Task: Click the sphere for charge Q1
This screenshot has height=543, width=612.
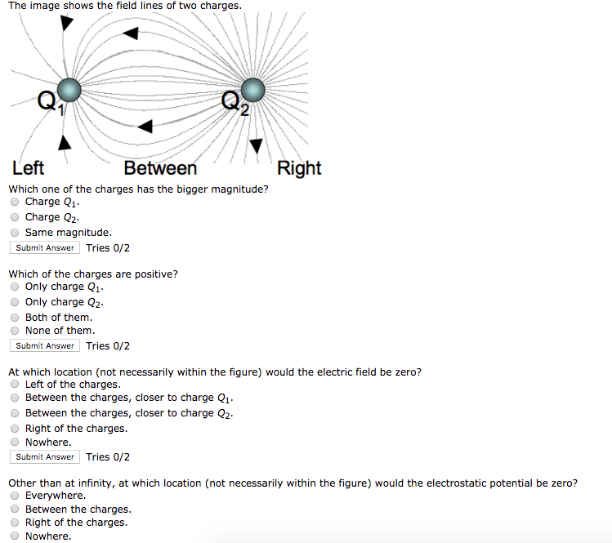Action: coord(70,89)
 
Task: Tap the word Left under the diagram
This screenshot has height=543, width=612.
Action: coord(29,168)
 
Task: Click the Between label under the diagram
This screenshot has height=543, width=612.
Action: coord(160,168)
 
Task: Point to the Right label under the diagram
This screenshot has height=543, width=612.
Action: coord(299,168)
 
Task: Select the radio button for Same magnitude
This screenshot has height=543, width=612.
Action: coord(15,233)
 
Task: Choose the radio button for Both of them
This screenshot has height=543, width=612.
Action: coord(15,318)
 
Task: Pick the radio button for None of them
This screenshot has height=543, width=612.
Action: coord(15,332)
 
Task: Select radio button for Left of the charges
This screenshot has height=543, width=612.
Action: coord(15,385)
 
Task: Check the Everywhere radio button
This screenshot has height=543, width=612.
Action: coord(15,496)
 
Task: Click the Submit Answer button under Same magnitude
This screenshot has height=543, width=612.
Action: coord(45,248)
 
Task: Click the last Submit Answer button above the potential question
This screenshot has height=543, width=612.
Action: coord(45,457)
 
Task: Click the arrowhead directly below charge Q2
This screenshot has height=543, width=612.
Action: coord(257,145)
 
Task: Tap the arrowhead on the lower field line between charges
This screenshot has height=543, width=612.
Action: coord(145,127)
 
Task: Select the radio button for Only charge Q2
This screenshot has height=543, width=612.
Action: coord(15,302)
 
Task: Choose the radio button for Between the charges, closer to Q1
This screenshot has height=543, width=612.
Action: coord(15,398)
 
